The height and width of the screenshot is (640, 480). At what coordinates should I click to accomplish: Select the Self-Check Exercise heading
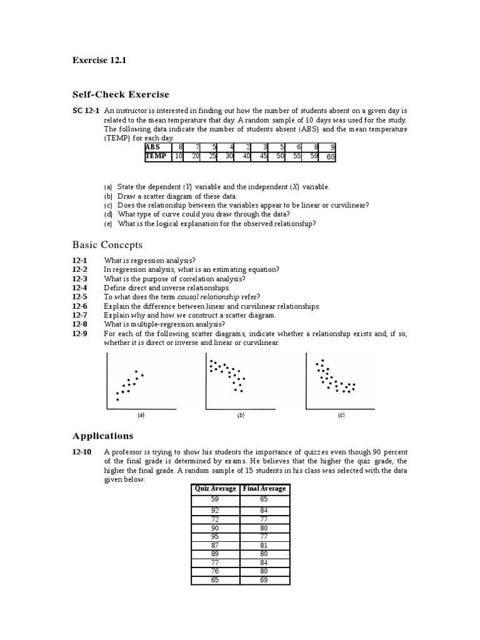pos(121,94)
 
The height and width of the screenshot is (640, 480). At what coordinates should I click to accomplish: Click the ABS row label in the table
pos(153,147)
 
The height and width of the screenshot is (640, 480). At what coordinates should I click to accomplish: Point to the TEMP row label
pos(156,156)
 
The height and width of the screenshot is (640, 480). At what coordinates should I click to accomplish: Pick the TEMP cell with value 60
pos(329,157)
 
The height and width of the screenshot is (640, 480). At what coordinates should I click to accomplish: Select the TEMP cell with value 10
pos(177,156)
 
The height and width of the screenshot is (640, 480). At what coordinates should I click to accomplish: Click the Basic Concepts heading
pos(107,244)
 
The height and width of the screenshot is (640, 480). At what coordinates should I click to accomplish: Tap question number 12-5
pos(79,297)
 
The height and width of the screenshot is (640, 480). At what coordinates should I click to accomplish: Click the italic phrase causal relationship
pos(213,297)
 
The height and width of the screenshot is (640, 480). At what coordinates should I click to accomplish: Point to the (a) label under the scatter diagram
pos(141,415)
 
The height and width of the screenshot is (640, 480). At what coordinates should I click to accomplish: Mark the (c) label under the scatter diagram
pos(341,415)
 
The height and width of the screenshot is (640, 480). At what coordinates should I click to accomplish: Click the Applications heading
pos(102,436)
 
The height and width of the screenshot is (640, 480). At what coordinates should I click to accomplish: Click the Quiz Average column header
pos(215,488)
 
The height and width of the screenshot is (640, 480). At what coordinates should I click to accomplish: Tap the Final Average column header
pos(264,488)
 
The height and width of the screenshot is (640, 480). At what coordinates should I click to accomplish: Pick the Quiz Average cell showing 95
pos(215,536)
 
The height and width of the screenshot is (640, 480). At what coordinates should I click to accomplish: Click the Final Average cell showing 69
pos(264,581)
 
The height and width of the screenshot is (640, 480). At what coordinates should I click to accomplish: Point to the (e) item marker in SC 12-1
pos(108,223)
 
